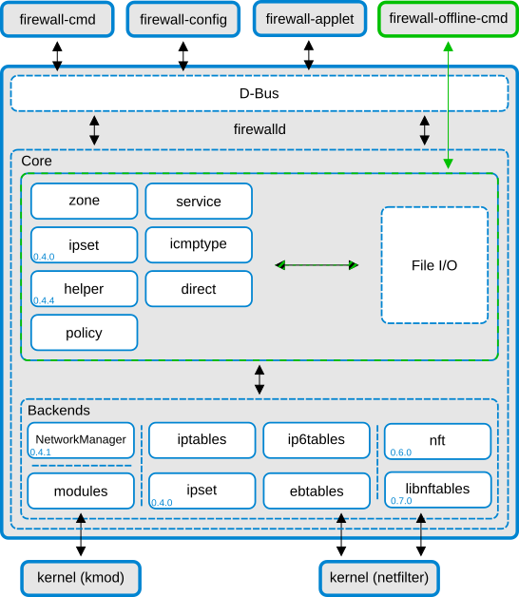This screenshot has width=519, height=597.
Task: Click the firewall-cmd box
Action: pyautogui.click(x=57, y=19)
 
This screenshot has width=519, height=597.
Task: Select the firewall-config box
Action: pyautogui.click(x=183, y=19)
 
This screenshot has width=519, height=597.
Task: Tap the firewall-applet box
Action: pyautogui.click(x=309, y=19)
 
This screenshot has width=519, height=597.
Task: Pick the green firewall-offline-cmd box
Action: pyautogui.click(x=448, y=19)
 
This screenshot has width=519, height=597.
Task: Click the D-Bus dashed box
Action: pyautogui.click(x=259, y=93)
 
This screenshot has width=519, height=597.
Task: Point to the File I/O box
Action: pyautogui.click(x=434, y=265)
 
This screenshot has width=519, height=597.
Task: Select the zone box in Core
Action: pyautogui.click(x=84, y=201)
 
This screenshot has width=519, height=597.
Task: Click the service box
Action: pyautogui.click(x=199, y=201)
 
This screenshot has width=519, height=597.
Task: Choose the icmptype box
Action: pyautogui.click(x=199, y=244)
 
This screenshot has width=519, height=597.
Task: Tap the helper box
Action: pyautogui.click(x=84, y=288)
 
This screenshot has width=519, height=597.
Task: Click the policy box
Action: pyautogui.click(x=84, y=333)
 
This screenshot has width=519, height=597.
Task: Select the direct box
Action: pyautogui.click(x=199, y=288)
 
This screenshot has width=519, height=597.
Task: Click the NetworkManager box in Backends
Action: pyautogui.click(x=81, y=439)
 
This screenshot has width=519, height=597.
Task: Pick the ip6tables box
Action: pyautogui.click(x=316, y=439)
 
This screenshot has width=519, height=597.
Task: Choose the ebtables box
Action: pyautogui.click(x=316, y=491)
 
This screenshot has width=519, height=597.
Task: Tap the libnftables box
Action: pyautogui.click(x=437, y=489)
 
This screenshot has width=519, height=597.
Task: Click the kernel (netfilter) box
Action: pyautogui.click(x=378, y=577)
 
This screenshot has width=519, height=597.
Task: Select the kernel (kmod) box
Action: pyautogui.click(x=81, y=577)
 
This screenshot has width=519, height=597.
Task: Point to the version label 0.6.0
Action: pyautogui.click(x=400, y=453)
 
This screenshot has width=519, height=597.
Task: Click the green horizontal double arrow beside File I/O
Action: pyautogui.click(x=317, y=265)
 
